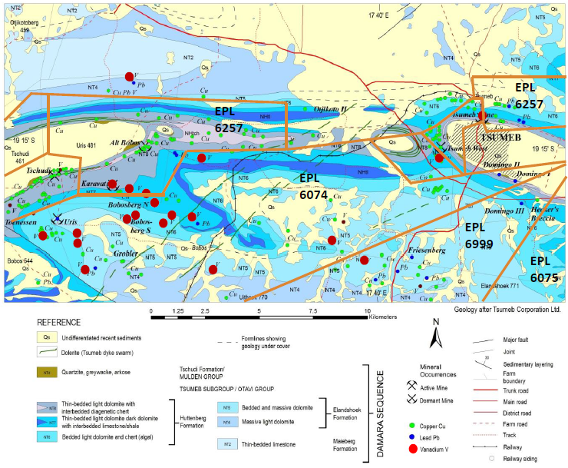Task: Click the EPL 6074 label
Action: pos(314,186)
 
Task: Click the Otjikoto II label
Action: pos(331,110)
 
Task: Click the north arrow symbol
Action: pos(435,335)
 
